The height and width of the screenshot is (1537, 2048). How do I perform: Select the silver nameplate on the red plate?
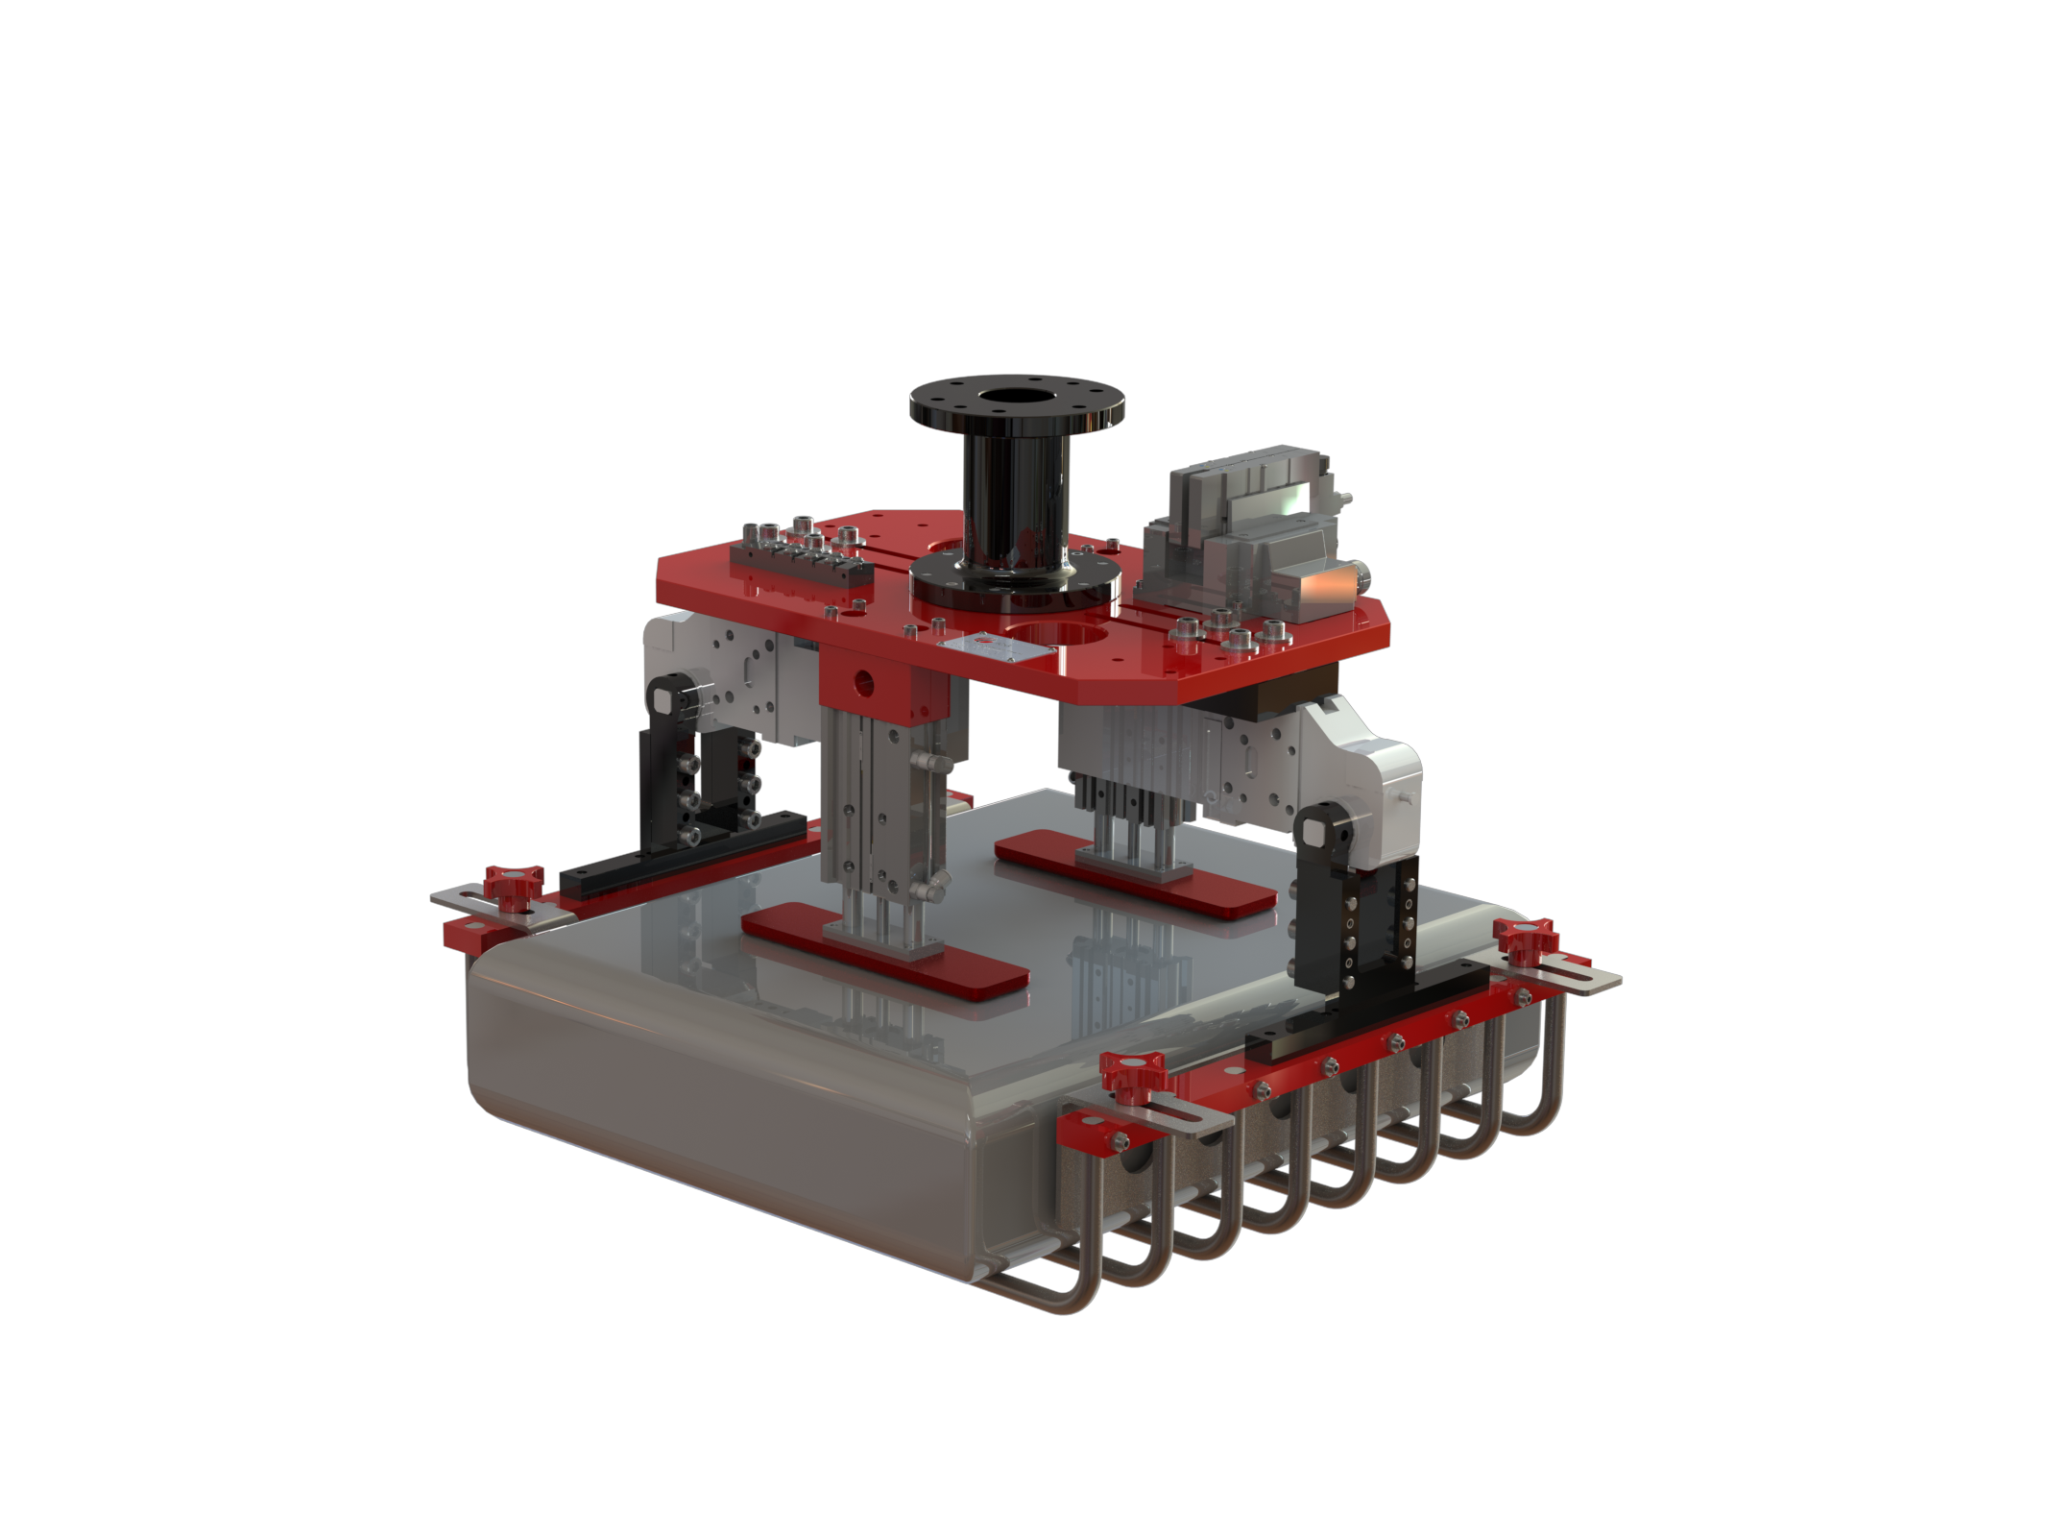point(993,647)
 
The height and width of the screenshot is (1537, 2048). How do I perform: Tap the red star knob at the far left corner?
point(513,885)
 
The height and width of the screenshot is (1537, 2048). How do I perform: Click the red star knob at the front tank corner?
point(1133,1071)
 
